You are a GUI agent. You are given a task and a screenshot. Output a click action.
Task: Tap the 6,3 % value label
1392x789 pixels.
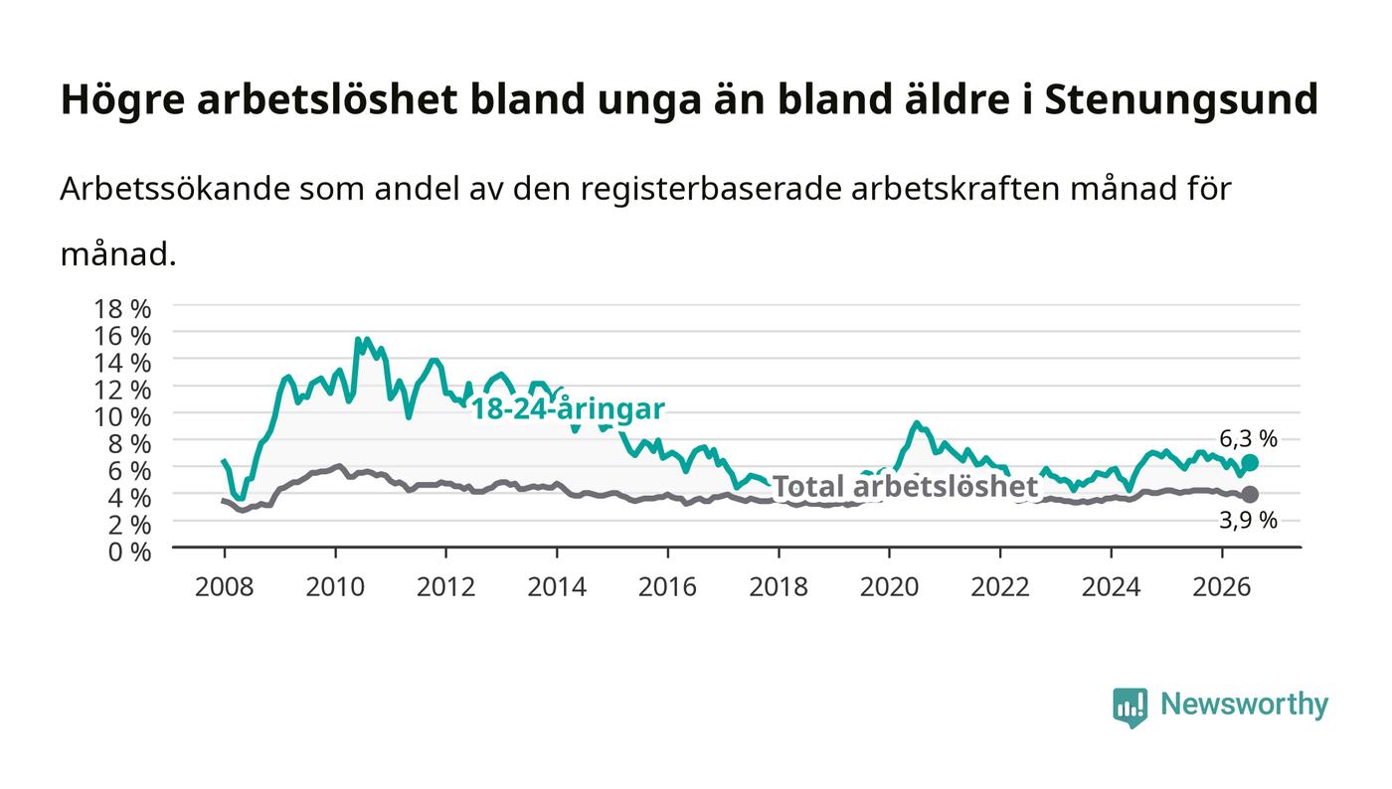pyautogui.click(x=1248, y=439)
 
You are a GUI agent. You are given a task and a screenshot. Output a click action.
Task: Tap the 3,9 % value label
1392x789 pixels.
pyautogui.click(x=1248, y=520)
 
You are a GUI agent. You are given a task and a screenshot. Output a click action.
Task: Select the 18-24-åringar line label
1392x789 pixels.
pyautogui.click(x=568, y=408)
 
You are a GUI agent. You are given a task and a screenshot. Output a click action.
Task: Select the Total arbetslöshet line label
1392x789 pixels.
pyautogui.click(x=905, y=487)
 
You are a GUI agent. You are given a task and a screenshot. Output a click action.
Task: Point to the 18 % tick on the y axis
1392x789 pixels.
pyautogui.click(x=122, y=309)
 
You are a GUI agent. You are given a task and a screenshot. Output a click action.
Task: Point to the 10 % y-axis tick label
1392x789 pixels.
pyautogui.click(x=122, y=417)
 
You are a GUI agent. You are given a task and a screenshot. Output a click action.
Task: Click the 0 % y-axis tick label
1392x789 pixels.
pyautogui.click(x=129, y=552)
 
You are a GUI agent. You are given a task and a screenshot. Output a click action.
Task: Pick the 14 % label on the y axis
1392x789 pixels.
pyautogui.click(x=122, y=363)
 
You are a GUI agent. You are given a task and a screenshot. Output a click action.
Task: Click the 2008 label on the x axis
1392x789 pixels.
pyautogui.click(x=225, y=587)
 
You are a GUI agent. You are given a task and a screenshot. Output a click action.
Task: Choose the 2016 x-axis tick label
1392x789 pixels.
pyautogui.click(x=667, y=587)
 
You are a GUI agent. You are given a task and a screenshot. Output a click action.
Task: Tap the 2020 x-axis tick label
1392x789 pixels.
pyautogui.click(x=889, y=587)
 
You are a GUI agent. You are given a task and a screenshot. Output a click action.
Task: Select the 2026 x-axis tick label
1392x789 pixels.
pyautogui.click(x=1222, y=587)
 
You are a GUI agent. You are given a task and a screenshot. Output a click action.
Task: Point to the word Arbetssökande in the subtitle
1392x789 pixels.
pyautogui.click(x=175, y=189)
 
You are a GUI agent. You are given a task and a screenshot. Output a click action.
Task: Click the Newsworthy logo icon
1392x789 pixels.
pyautogui.click(x=1130, y=708)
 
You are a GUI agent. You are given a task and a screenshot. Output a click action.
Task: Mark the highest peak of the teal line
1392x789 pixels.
pyautogui.click(x=357, y=339)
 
